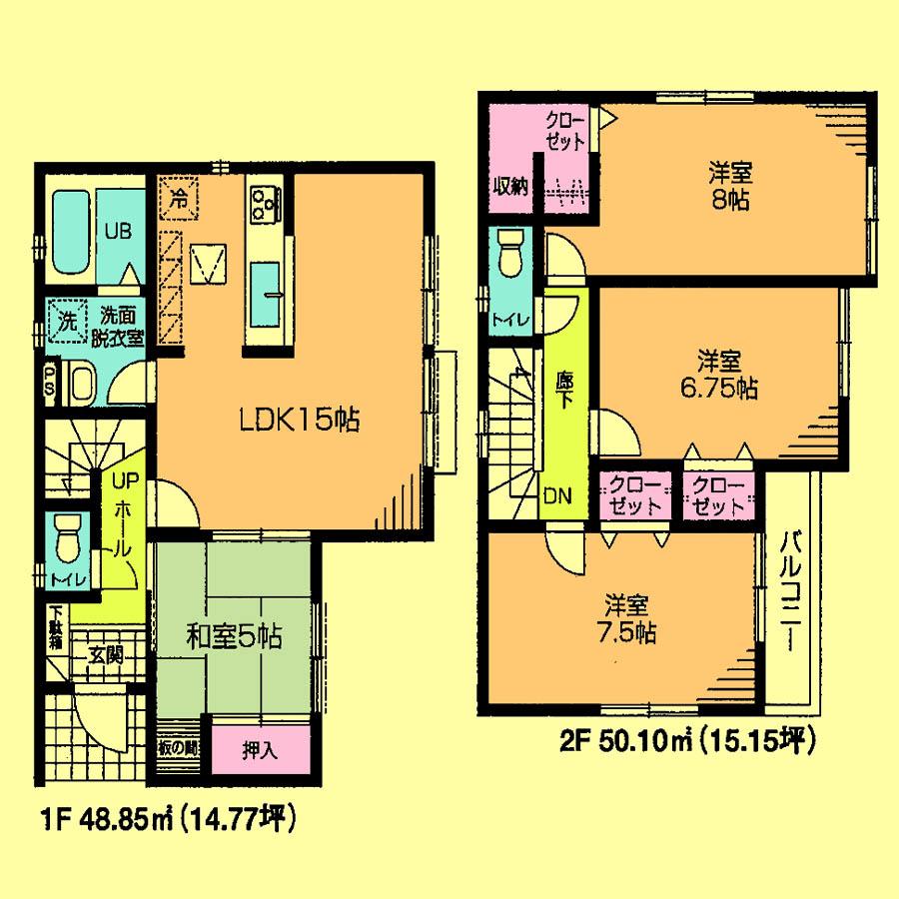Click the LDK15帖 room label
[x=298, y=422]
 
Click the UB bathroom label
[x=120, y=228]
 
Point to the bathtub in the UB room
[x=70, y=236]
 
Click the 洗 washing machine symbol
[x=66, y=322]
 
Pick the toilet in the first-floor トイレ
[x=68, y=540]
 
